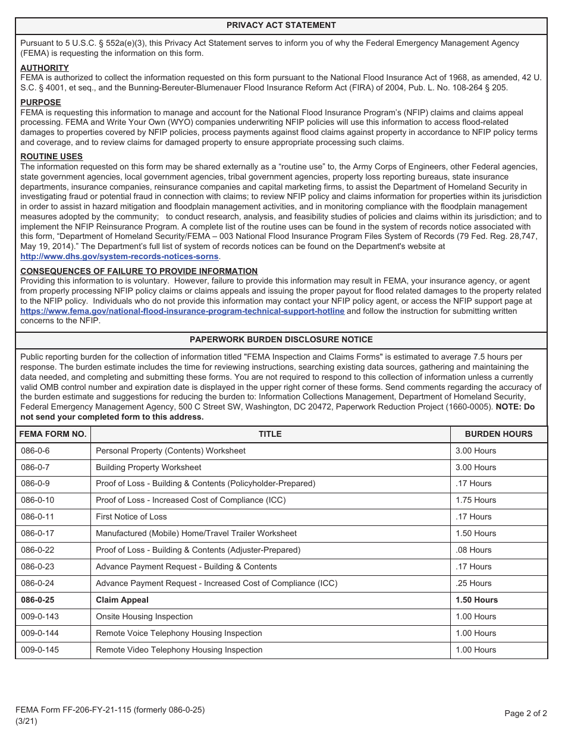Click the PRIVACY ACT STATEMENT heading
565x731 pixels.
point(281,25)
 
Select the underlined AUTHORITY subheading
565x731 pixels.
point(45,68)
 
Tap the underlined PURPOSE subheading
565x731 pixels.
point(40,102)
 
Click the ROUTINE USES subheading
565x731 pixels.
point(51,156)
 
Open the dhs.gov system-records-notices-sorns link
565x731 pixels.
point(120,256)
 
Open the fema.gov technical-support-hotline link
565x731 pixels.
point(182,311)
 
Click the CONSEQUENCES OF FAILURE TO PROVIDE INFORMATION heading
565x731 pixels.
point(139,271)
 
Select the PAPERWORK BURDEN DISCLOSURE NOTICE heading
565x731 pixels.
point(281,339)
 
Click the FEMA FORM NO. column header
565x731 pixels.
point(53,434)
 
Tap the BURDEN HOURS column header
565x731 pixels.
point(498,434)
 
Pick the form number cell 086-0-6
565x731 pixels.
point(35,450)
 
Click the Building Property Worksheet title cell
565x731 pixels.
point(148,467)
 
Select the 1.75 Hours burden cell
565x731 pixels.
point(475,500)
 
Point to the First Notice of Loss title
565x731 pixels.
point(131,516)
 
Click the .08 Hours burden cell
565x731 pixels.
point(473,550)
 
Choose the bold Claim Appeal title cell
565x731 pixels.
point(122,600)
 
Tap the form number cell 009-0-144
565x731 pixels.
point(39,633)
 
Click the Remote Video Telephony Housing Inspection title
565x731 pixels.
point(178,650)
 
